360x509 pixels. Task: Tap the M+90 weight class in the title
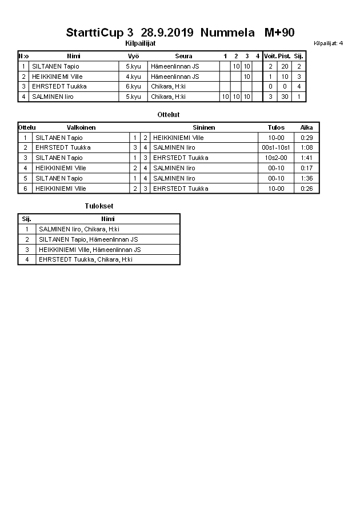pos(279,33)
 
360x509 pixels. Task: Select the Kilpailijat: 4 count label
pos(328,43)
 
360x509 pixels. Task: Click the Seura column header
pos(183,56)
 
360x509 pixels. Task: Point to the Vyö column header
pos(133,56)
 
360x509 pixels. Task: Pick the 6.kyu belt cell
pos(133,86)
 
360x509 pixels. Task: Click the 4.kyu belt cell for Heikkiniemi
pos(133,77)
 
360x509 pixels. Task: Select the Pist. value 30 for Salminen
pos(284,97)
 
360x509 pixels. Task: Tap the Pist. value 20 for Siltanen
pos(284,66)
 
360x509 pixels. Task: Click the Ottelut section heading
pos(168,115)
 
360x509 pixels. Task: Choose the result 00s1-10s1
pos(276,147)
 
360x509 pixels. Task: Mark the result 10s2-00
pos(276,158)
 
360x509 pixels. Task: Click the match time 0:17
pos(307,168)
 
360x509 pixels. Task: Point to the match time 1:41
pos(307,158)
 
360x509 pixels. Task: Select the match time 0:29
pos(307,138)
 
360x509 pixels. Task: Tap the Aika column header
pos(307,127)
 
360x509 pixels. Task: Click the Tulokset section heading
pos(98,206)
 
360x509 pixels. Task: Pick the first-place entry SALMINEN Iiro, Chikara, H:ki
pos(79,229)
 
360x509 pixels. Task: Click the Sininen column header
pos(204,127)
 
